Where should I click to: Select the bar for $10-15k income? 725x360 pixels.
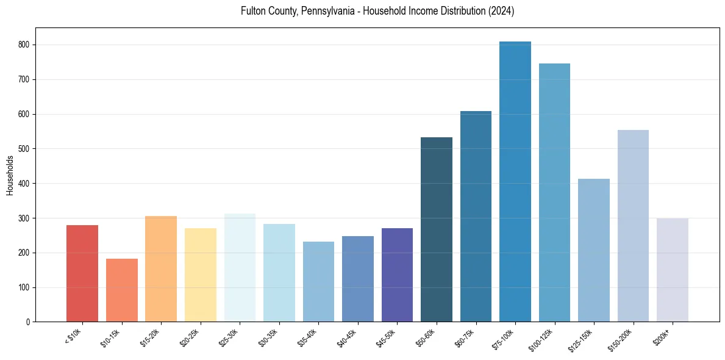coord(122,290)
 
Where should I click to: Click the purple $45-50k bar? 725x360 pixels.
coord(397,275)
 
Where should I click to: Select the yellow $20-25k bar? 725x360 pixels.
coord(201,275)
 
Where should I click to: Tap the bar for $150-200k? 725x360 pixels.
coord(633,226)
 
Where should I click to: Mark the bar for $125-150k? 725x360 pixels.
coord(594,250)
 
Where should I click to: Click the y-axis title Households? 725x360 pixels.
coord(10,175)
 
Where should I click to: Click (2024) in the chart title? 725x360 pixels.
coord(499,12)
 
